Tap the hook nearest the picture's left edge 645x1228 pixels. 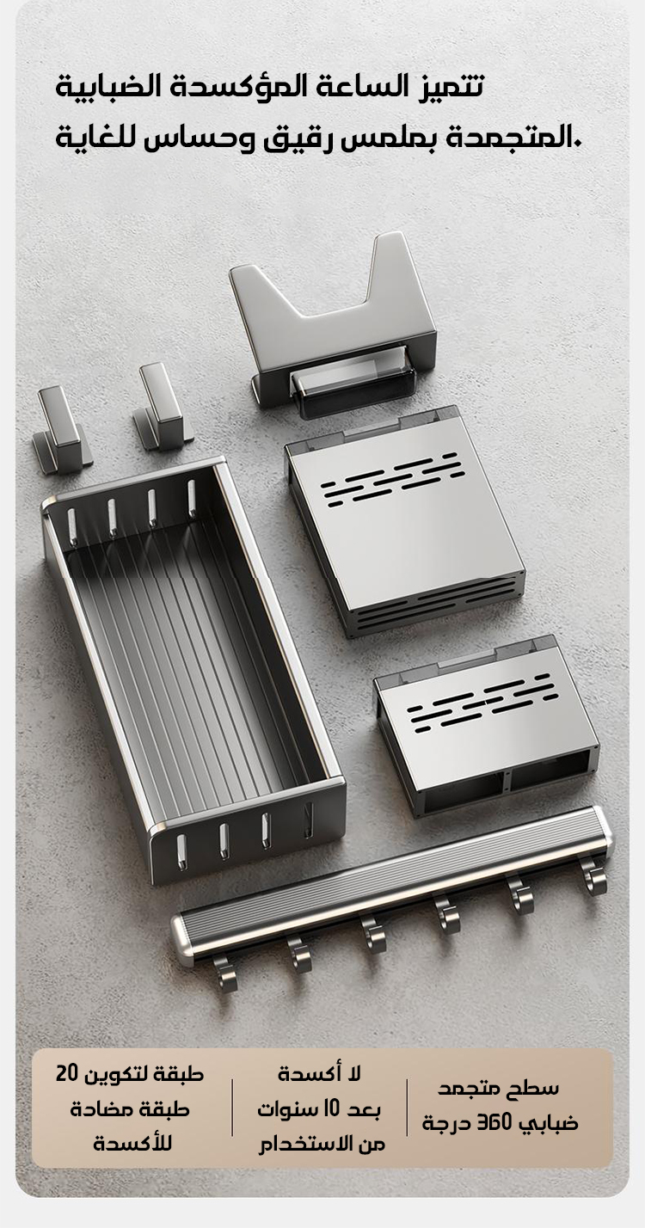[x=60, y=430]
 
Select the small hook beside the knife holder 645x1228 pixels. [x=163, y=408]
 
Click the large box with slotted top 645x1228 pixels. [x=405, y=521]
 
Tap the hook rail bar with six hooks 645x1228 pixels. [x=392, y=900]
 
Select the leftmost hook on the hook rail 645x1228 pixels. [x=224, y=973]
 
